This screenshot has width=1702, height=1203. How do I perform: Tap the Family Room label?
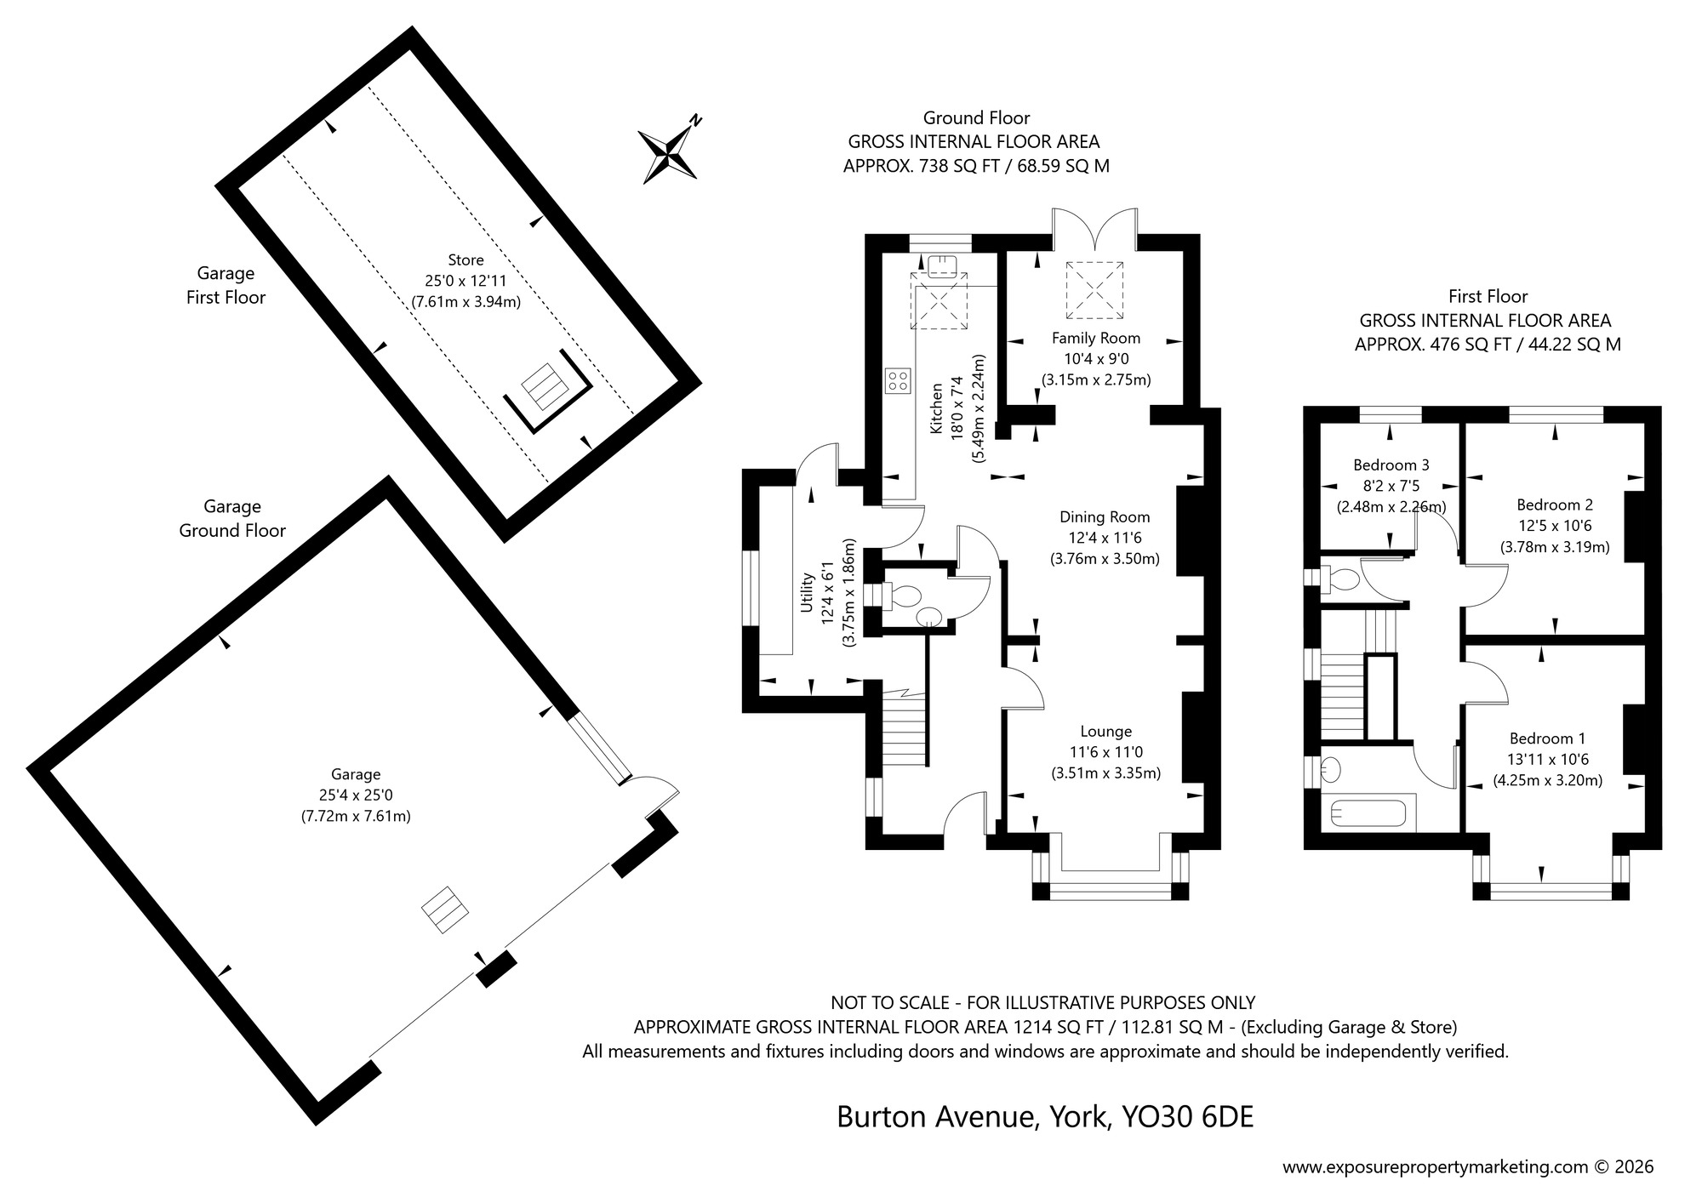tap(1095, 338)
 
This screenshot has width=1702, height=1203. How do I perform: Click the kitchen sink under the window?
tap(942, 266)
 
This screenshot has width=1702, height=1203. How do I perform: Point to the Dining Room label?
tap(1104, 516)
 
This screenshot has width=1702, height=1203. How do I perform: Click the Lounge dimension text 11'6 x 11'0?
tap(1105, 752)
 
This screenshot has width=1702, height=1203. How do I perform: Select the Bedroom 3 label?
tap(1391, 465)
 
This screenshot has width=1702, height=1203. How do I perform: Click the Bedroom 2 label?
tap(1554, 505)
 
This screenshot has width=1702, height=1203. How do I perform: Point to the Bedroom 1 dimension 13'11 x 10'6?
tap(1548, 759)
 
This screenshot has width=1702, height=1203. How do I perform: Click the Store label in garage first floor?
tap(465, 259)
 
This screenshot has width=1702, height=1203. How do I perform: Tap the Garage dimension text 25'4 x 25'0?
tap(356, 795)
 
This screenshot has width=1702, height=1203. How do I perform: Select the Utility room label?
tap(808, 592)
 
